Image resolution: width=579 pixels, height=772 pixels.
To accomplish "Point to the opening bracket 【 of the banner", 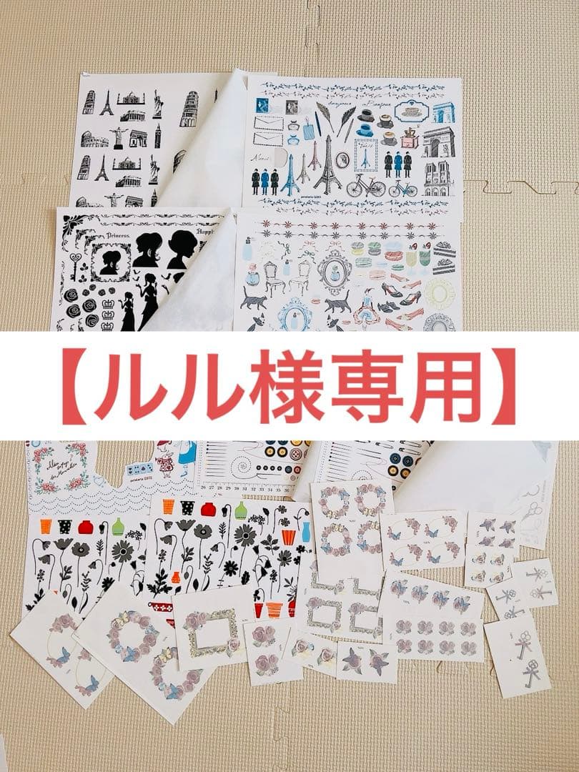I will tap(76, 387).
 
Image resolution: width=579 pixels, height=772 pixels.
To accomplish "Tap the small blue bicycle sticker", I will tap(403, 187).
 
